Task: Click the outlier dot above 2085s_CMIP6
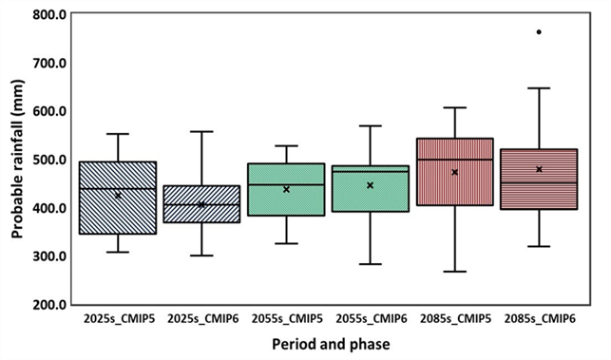[539, 32]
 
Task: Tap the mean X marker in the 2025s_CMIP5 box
[118, 195]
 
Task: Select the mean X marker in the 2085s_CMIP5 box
[454, 172]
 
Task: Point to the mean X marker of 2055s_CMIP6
[371, 185]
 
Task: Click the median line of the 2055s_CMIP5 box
[286, 184]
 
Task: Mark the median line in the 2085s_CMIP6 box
[539, 182]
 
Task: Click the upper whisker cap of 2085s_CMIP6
[539, 88]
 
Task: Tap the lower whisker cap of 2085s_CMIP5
[454, 271]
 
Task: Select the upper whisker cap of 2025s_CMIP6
[201, 132]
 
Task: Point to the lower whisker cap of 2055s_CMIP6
[371, 264]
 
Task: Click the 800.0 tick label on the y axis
[49, 15]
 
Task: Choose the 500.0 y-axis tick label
[49, 160]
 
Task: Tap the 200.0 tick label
[49, 305]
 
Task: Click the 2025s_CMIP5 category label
[119, 319]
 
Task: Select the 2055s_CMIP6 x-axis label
[372, 319]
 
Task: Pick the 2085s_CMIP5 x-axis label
[455, 319]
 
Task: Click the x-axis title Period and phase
[331, 345]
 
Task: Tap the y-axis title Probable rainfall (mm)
[17, 159]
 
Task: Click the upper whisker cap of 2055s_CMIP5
[286, 146]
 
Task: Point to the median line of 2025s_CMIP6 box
[201, 204]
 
